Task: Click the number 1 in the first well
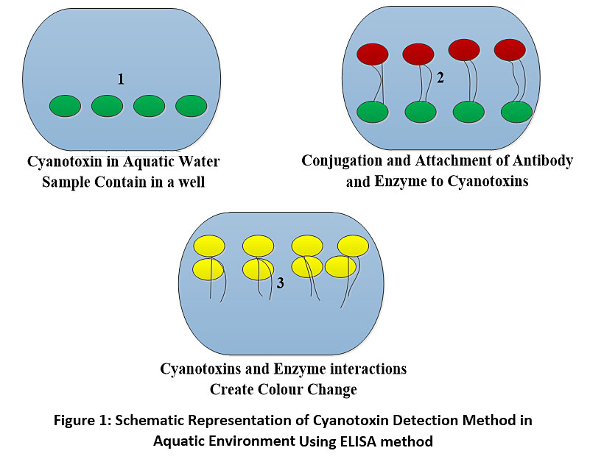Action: click(121, 79)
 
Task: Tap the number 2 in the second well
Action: click(440, 78)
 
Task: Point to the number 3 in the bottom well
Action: click(281, 283)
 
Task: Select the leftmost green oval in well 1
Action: click(65, 106)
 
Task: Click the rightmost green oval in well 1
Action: click(192, 106)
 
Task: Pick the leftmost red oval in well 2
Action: click(373, 54)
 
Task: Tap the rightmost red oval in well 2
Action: click(510, 49)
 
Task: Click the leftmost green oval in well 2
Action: click(373, 112)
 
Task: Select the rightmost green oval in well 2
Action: click(517, 112)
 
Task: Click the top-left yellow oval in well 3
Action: click(209, 246)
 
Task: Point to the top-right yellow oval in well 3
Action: click(354, 246)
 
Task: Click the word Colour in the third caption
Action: click(281, 389)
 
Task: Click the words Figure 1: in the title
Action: click(82, 420)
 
